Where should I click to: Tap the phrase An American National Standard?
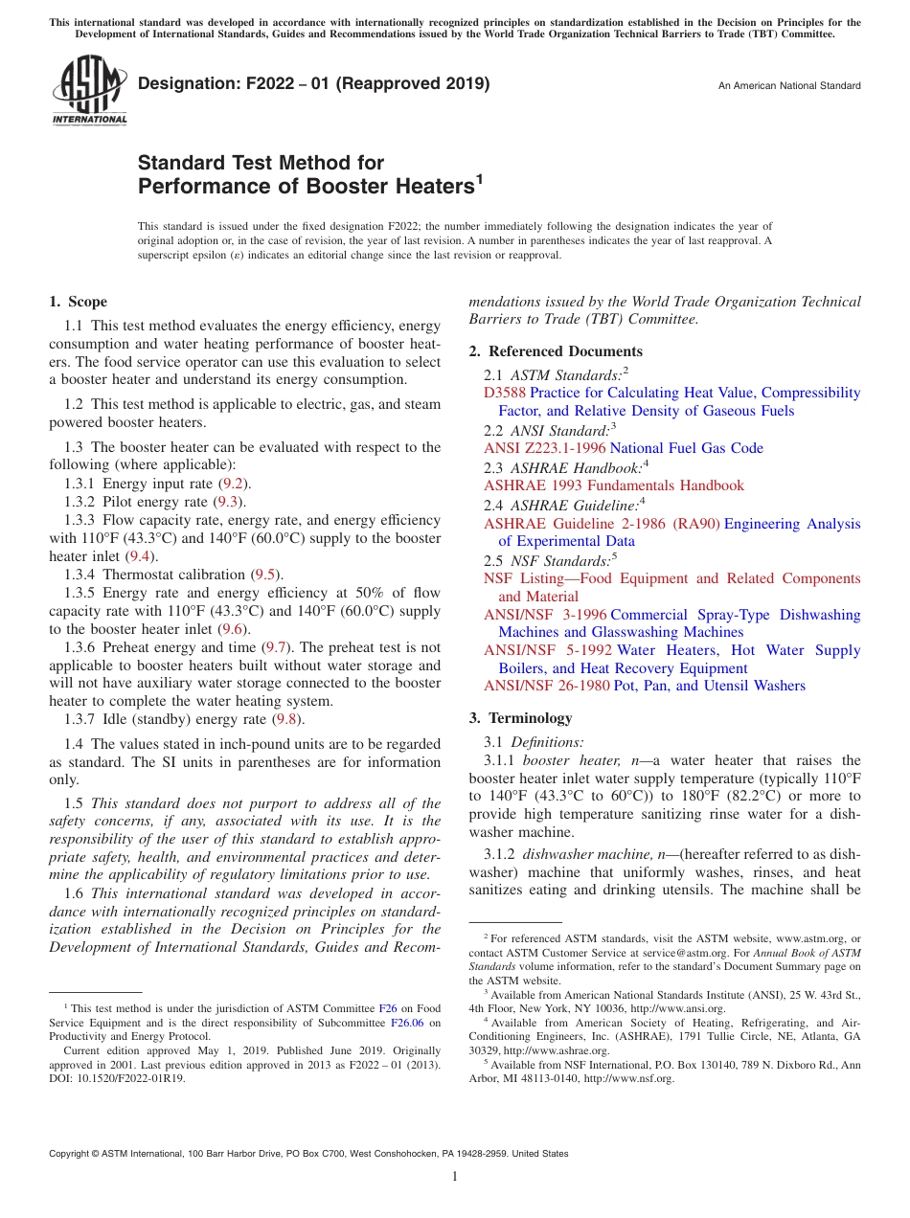pos(788,86)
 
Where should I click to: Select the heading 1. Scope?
pos(78,302)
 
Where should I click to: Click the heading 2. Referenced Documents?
pos(556,351)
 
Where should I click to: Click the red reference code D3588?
pos(505,394)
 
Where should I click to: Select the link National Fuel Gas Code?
pos(686,448)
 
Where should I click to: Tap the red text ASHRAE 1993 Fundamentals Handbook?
pos(613,485)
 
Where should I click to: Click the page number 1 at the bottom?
pos(455,1178)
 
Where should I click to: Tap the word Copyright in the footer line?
pos(72,1154)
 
